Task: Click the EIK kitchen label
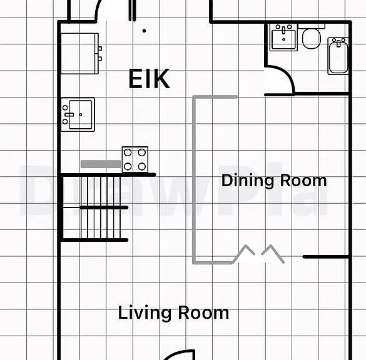[149, 79]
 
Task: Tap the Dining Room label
[274, 181]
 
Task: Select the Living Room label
[173, 312]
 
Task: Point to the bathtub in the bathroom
[338, 56]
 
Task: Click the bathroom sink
[283, 37]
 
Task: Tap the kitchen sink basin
[80, 114]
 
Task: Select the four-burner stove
[135, 159]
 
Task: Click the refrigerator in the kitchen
[79, 54]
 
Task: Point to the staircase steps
[101, 207]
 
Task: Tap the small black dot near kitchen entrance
[145, 31]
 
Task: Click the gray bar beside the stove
[101, 164]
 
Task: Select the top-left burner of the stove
[128, 152]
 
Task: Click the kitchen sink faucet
[69, 114]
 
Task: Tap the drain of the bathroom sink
[283, 39]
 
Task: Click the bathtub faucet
[338, 43]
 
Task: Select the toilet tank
[312, 26]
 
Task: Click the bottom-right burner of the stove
[142, 166]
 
